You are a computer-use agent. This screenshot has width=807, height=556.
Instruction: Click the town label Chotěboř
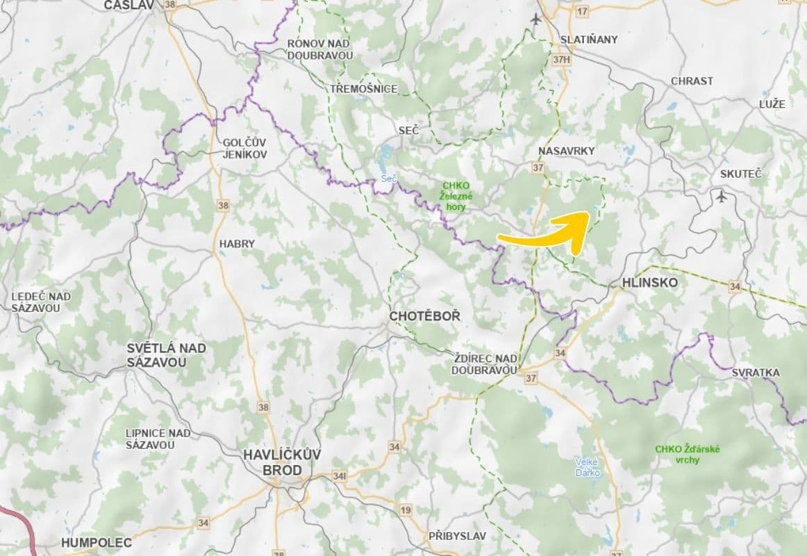(424, 316)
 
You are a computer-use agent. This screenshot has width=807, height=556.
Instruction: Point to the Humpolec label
(96, 542)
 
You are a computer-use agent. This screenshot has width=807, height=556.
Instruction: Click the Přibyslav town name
(457, 536)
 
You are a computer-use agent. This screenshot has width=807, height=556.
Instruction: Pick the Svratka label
(756, 373)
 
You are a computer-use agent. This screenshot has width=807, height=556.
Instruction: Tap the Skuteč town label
(740, 174)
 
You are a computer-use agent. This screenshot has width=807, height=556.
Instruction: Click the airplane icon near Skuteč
(722, 197)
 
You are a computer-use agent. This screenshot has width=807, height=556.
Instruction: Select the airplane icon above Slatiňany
(535, 19)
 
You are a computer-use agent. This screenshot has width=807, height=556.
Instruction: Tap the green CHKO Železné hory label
(456, 196)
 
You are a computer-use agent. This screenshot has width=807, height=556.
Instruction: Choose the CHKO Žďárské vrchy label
(687, 454)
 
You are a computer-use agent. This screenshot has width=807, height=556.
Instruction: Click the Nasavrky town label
(567, 150)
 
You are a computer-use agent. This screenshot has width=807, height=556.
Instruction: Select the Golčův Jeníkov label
(244, 148)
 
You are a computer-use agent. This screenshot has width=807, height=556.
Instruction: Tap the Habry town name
(237, 244)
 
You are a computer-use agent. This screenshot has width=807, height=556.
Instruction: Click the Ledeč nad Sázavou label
(40, 302)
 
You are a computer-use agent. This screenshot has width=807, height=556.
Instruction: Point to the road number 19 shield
(406, 511)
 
